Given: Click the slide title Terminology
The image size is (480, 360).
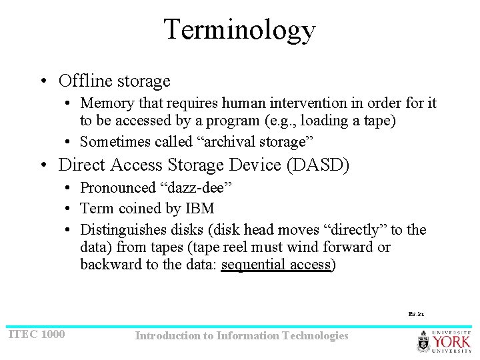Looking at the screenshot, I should [x=239, y=30].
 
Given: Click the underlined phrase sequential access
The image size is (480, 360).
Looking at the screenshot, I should [x=276, y=265].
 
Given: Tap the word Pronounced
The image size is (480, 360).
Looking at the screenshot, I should [x=117, y=188].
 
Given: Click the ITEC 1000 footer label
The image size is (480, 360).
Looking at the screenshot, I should [x=36, y=334].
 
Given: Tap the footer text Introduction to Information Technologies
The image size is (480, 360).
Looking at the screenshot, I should [x=241, y=335].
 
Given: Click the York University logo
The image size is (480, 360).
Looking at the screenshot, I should [x=443, y=340].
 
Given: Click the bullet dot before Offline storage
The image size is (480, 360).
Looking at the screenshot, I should [x=43, y=82].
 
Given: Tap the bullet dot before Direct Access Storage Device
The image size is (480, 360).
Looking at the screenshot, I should [x=43, y=165].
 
